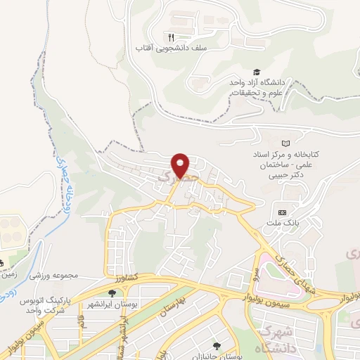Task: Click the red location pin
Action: pos(181,165)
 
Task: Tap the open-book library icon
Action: pos(285,143)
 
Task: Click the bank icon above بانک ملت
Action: pos(283,212)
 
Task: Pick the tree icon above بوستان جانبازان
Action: pos(217,345)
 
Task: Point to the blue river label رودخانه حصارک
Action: pos(60,182)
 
